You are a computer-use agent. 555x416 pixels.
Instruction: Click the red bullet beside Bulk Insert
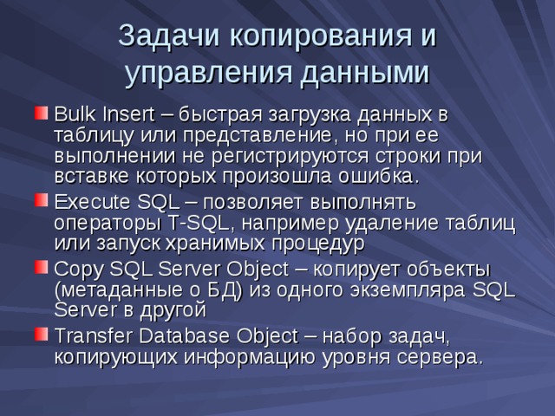click(x=41, y=114)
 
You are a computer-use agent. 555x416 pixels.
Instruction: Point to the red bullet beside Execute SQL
click(x=41, y=202)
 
